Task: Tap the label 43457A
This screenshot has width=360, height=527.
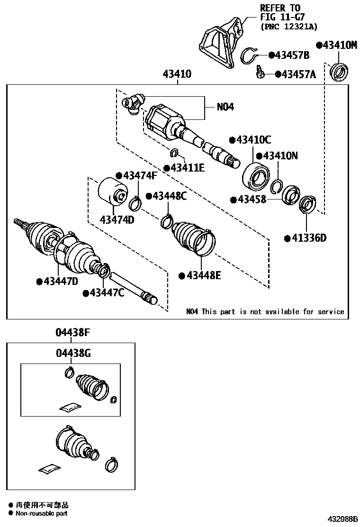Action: tap(298, 74)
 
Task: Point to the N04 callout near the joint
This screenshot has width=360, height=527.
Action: tap(225, 107)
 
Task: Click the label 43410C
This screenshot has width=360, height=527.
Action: tap(253, 140)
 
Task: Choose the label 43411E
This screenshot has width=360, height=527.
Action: tap(187, 167)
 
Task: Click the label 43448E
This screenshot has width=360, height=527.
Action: tap(202, 275)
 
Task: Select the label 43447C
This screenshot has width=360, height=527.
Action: tap(107, 293)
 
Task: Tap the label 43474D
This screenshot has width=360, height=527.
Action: tap(117, 219)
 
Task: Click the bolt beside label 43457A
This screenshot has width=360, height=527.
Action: tap(260, 73)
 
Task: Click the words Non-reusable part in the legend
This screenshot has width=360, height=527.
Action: tap(42, 513)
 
